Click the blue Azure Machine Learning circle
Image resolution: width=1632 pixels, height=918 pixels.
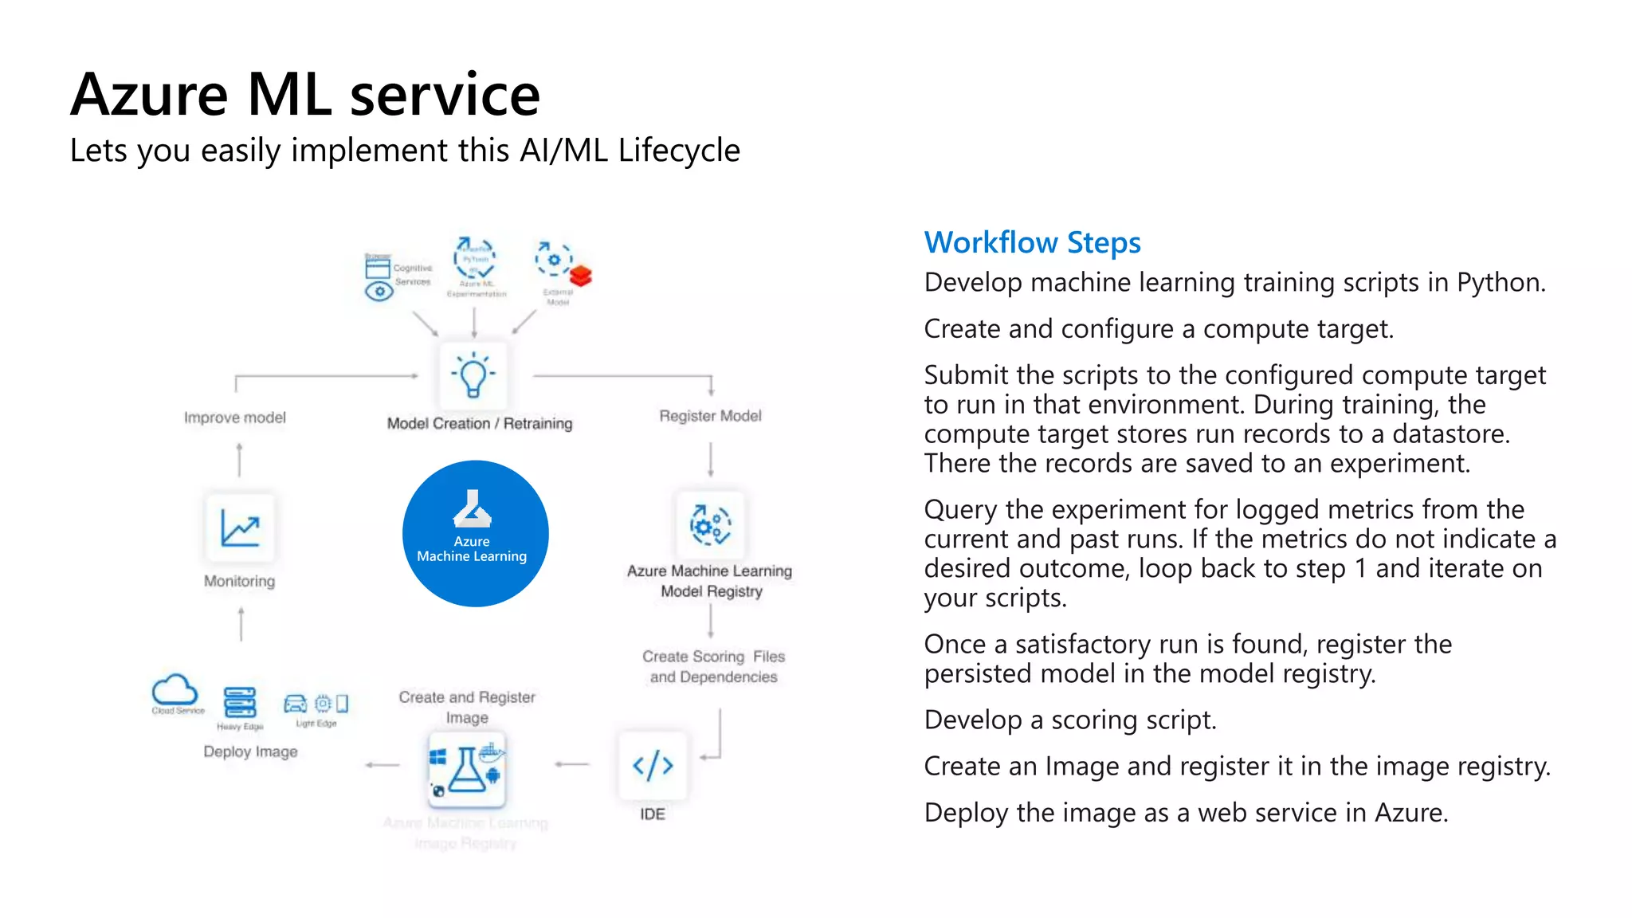tap(475, 533)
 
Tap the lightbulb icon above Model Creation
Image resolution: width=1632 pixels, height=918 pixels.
tap(473, 375)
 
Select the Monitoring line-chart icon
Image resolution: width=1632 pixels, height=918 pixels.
tap(240, 528)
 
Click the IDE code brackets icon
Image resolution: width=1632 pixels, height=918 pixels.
tap(653, 766)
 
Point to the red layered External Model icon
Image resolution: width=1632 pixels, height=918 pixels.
tap(581, 276)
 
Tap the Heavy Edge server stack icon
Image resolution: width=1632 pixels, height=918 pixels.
tap(239, 702)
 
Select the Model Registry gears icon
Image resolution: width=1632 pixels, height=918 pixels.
tap(710, 525)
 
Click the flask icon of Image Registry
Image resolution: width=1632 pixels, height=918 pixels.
tap(467, 769)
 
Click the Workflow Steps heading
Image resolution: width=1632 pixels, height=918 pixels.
tap(1032, 242)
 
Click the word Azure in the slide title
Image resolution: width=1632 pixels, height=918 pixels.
tap(149, 95)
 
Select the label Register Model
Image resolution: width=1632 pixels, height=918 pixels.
tap(710, 416)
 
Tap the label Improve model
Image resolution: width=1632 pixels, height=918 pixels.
tap(234, 418)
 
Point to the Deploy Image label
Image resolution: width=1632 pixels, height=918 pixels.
tap(250, 751)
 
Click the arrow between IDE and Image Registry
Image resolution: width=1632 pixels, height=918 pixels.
tap(572, 764)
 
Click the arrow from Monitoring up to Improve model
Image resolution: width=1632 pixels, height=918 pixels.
tap(239, 460)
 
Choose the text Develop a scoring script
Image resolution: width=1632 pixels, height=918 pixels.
tap(1069, 720)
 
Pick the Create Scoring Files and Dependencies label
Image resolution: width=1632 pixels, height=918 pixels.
tap(713, 666)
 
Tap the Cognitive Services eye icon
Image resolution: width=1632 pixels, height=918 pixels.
tap(379, 292)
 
